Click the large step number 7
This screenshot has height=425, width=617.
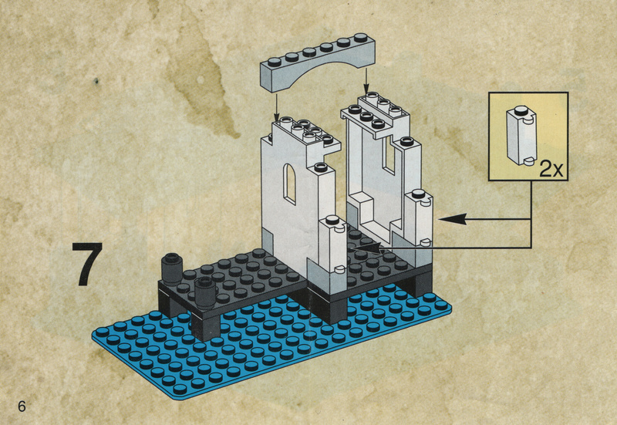pos(87,264)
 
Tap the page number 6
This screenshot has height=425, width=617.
pos(22,406)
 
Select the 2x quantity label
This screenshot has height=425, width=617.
pos(551,168)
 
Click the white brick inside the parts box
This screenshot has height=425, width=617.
pos(521,135)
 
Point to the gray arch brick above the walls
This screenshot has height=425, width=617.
pos(318,62)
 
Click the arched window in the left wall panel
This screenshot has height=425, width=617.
pos(290,184)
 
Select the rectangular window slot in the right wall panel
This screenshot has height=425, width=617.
pos(389,157)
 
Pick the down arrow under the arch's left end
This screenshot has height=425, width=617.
pos(277,106)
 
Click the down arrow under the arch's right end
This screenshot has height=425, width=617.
pos(366,82)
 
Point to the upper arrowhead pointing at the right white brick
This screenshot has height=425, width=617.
pos(453,219)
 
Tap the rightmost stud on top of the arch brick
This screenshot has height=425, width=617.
pos(360,38)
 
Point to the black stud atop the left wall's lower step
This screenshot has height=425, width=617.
pos(321,167)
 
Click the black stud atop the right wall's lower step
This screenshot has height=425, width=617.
pos(406,141)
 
